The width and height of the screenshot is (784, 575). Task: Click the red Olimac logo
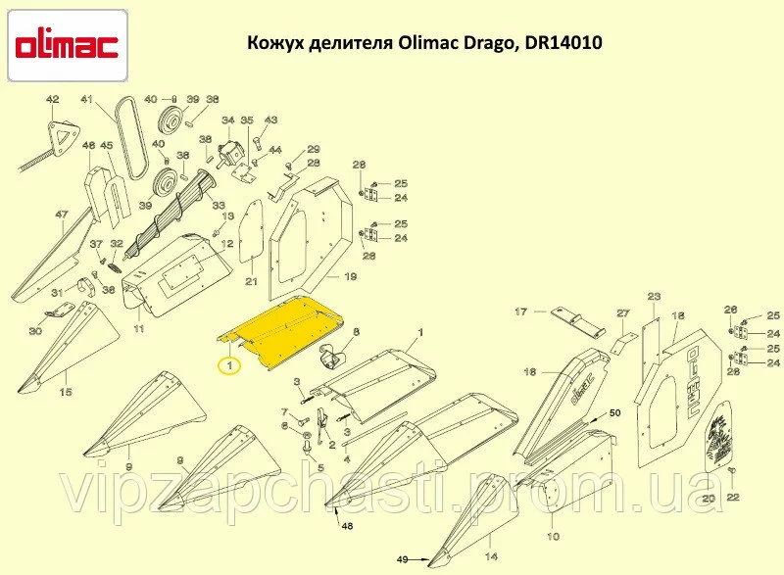pos(67,45)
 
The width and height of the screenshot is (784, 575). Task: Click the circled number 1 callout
pos(228,366)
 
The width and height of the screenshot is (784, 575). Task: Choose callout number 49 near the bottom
pos(402,559)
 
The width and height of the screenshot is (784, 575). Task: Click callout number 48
pos(347,526)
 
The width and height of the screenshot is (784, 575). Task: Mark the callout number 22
pos(734,499)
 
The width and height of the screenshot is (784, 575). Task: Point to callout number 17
pos(521,311)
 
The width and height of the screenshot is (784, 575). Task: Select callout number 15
pos(66,393)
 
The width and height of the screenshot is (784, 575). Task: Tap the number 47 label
pos(61,214)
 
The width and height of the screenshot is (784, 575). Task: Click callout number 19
pos(350,277)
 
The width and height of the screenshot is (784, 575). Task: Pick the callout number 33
pos(218,205)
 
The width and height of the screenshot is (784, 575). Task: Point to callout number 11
pos(138,330)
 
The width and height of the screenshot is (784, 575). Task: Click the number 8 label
pos(356,333)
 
